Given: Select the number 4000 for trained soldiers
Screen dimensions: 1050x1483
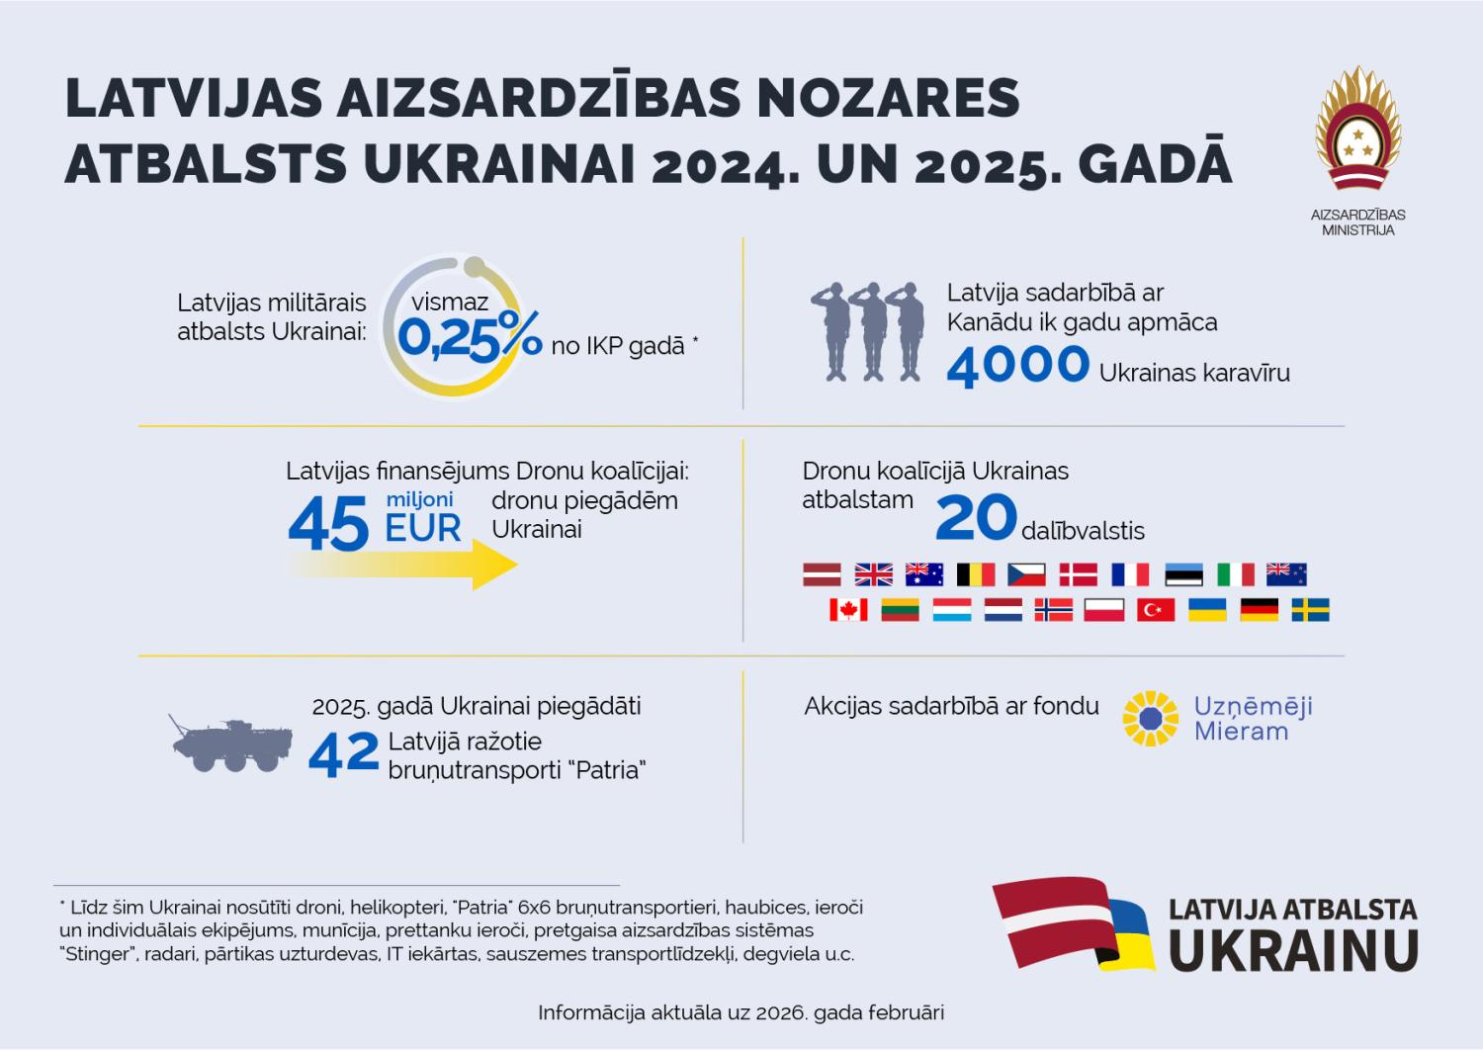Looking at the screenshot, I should coord(1017,365).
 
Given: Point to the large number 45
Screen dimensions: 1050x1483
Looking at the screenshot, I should coord(328,525).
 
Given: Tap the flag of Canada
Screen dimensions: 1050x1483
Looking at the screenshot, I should coord(848,610).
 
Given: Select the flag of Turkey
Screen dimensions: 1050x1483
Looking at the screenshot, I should coord(1156,610).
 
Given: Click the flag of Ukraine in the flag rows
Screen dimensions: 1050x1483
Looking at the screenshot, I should coord(1206,610).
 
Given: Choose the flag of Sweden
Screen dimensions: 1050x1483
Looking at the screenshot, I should coord(1310,610).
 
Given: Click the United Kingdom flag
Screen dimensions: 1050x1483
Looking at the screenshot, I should coord(873,574).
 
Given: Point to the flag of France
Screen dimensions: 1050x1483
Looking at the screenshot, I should coord(1130,574).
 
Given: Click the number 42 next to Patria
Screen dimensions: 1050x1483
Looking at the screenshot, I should coord(343,754).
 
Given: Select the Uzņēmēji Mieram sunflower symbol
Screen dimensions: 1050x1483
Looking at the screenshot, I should coord(1151,719).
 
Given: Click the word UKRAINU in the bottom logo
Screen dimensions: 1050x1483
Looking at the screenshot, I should coord(1293,950).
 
